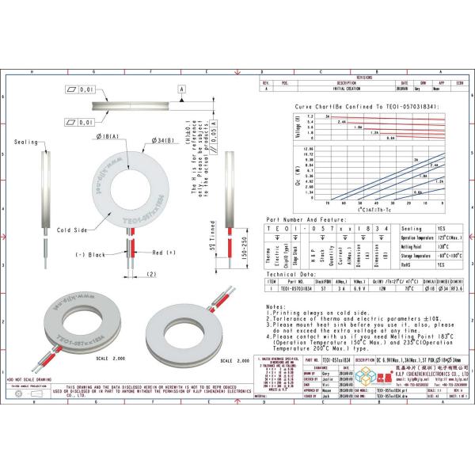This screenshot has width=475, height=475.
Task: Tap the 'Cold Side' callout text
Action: [x=71, y=230]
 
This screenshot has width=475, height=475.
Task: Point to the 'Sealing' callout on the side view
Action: [x=27, y=141]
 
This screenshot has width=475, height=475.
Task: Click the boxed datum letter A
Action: [x=181, y=90]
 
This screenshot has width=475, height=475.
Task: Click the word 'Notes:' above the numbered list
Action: [x=275, y=305]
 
